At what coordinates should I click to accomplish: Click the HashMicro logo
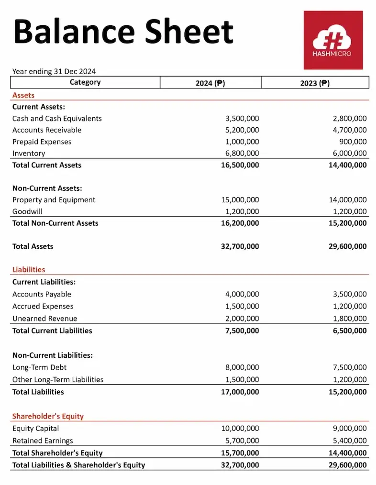tap(333, 40)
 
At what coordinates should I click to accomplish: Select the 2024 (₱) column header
tap(210, 83)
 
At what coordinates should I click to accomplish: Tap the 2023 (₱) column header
tap(315, 83)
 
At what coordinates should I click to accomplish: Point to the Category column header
tap(85, 82)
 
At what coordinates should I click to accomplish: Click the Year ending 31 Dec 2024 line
tap(54, 71)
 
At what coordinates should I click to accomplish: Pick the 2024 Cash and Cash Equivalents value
tap(242, 119)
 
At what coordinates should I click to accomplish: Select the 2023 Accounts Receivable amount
tap(350, 130)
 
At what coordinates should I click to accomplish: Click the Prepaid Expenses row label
tap(42, 142)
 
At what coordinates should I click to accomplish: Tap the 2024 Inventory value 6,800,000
tap(242, 154)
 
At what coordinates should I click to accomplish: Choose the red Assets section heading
tap(23, 95)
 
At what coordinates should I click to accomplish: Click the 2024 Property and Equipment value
tap(240, 200)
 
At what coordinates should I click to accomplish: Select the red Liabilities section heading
tap(29, 270)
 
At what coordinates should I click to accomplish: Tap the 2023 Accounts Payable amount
tap(350, 294)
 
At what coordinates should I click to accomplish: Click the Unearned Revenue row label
tap(44, 319)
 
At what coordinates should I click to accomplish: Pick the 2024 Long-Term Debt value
tap(242, 367)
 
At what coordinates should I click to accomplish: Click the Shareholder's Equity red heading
tap(48, 416)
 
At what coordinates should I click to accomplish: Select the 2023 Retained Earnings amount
tap(350, 441)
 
